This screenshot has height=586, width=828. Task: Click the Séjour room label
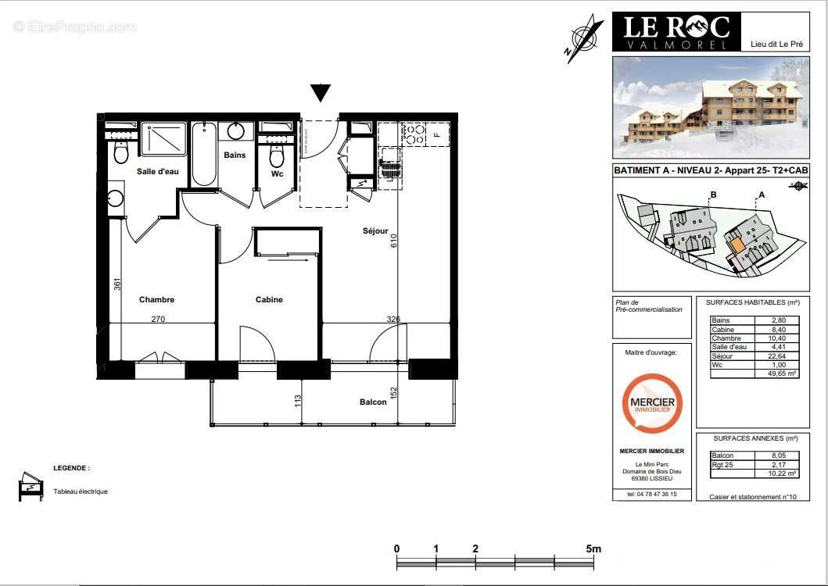(375, 231)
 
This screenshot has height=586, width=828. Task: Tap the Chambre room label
(156, 300)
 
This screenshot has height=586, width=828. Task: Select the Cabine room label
(269, 300)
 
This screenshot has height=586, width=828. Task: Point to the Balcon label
(373, 402)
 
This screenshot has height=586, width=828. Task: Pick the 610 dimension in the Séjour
(394, 243)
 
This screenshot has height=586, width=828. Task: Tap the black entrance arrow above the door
(321, 93)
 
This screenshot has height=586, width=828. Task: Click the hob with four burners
(413, 134)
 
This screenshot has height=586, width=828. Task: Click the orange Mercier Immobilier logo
(652, 403)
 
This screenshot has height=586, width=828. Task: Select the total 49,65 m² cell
(776, 374)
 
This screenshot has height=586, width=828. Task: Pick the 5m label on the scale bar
(594, 548)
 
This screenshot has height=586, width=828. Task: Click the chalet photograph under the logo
(710, 107)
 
